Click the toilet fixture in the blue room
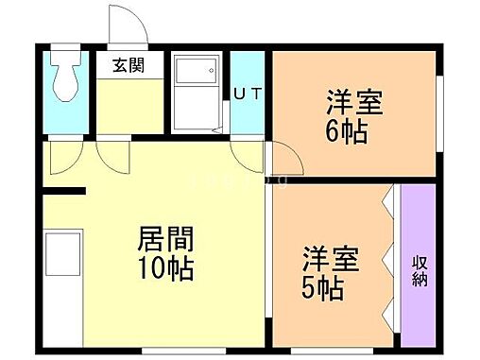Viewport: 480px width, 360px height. pyautogui.click(x=67, y=76)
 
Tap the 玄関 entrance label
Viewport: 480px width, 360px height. pyautogui.click(x=129, y=67)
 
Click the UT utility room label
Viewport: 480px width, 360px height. pyautogui.click(x=247, y=93)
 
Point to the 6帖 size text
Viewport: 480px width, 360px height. pyautogui.click(x=347, y=129)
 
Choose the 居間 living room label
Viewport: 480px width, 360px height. pyautogui.click(x=166, y=236)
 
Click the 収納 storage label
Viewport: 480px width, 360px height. pyautogui.click(x=419, y=270)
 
